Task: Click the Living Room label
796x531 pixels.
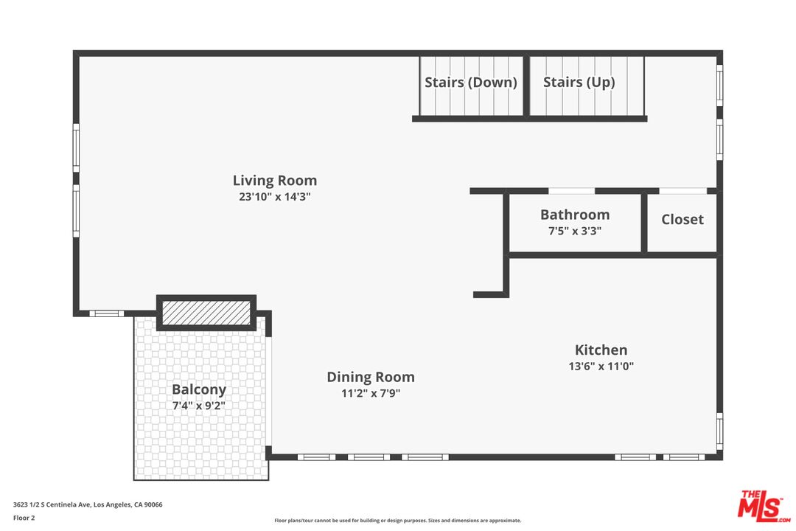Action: (274, 180)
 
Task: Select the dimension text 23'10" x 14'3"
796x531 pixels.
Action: (274, 197)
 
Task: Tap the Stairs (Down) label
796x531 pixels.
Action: (470, 82)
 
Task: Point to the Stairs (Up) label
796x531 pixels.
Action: (579, 82)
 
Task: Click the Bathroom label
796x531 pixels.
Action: (575, 215)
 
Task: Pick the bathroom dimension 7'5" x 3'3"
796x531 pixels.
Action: (575, 230)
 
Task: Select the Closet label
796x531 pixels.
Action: (682, 219)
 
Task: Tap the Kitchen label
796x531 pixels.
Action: (601, 350)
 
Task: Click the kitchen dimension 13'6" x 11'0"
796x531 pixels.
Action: (601, 366)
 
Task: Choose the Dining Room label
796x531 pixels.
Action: (371, 377)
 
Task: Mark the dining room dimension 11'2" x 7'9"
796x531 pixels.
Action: (371, 393)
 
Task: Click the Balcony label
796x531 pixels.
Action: (199, 389)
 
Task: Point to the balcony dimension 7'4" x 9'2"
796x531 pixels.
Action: (199, 405)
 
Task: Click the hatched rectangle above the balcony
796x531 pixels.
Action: (206, 312)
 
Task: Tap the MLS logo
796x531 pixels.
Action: (764, 505)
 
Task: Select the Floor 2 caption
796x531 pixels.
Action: (24, 518)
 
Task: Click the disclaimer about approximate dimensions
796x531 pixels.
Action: (398, 521)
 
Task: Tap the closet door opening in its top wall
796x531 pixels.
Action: (682, 191)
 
